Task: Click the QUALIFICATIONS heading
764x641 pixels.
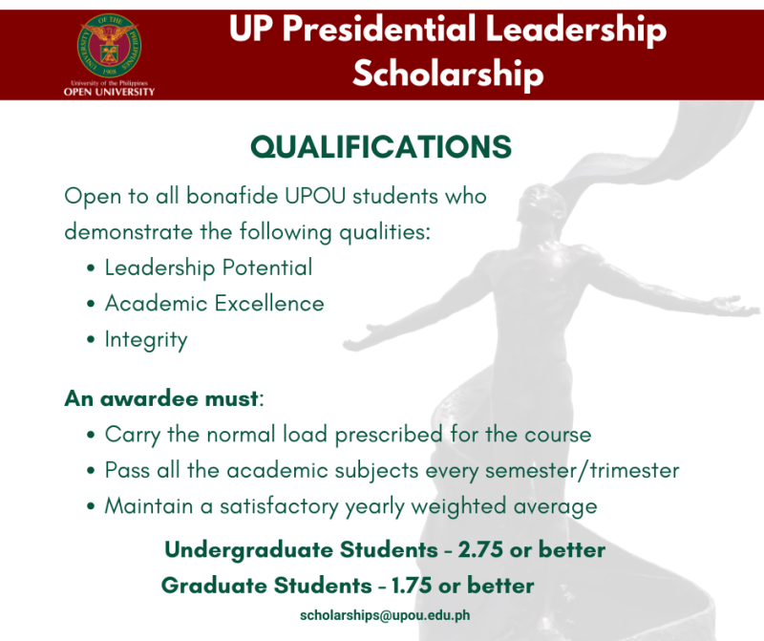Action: [381, 147]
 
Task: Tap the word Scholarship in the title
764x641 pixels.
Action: [448, 74]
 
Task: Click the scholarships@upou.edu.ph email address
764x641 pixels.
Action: [385, 615]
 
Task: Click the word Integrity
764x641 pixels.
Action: [146, 339]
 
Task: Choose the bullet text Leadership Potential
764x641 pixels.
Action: [208, 267]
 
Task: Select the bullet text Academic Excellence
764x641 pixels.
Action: [214, 304]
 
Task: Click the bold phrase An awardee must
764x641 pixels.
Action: [161, 398]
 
